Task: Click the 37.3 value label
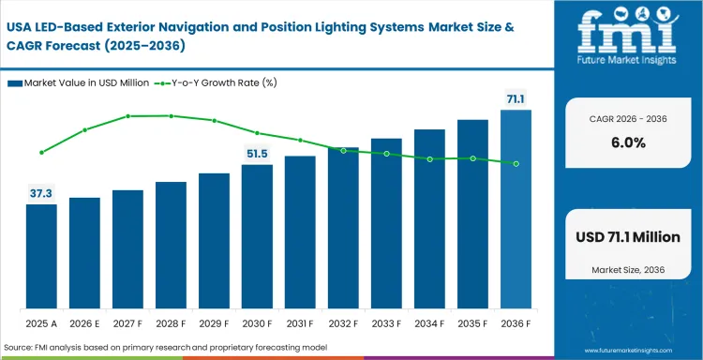coord(41,194)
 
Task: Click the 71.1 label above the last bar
coord(516,99)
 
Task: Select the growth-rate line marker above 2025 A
coord(41,152)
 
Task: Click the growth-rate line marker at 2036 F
coord(516,163)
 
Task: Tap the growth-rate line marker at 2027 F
coord(127,116)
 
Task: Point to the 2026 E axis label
coord(84,323)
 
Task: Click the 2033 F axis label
coord(386,323)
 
